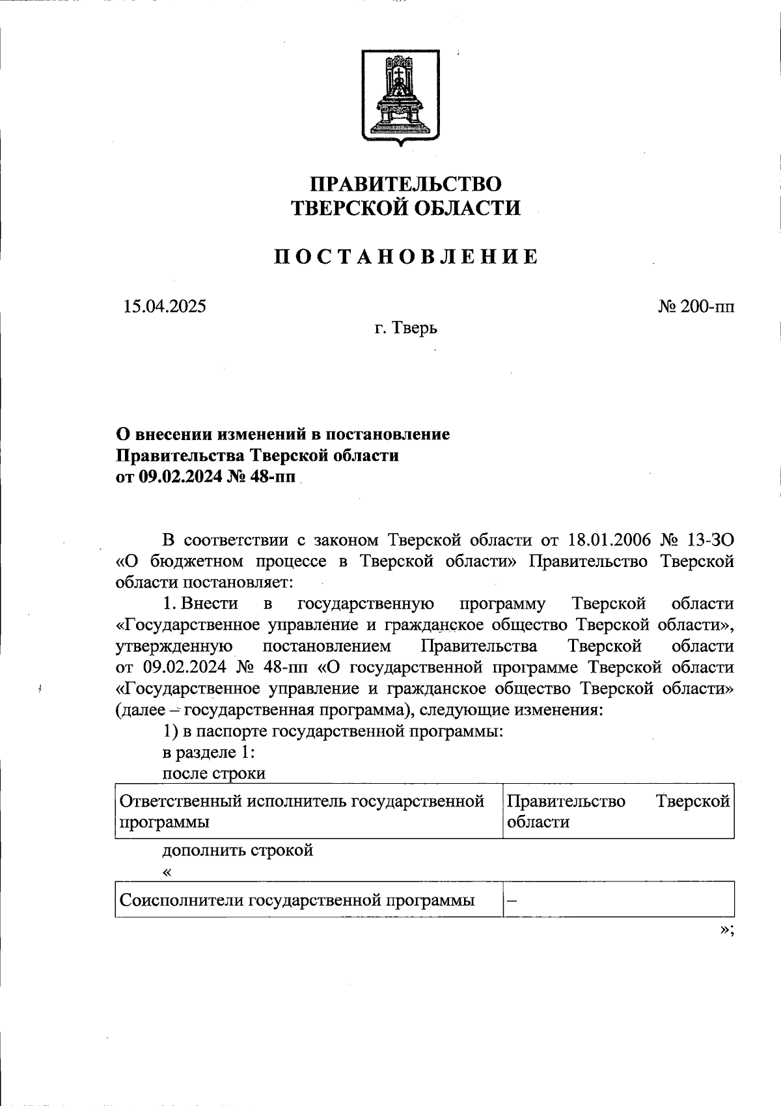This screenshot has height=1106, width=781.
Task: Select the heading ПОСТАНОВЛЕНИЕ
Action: (405, 257)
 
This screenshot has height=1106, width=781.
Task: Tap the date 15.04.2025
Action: (164, 306)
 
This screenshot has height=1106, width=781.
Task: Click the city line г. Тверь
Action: (405, 328)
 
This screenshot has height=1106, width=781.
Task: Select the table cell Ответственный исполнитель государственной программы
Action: (303, 811)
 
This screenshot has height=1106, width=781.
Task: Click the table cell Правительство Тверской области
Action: (618, 811)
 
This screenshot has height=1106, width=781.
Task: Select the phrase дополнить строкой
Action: (238, 850)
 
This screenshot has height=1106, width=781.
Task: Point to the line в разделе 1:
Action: (208, 752)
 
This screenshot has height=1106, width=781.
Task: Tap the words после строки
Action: (213, 773)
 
